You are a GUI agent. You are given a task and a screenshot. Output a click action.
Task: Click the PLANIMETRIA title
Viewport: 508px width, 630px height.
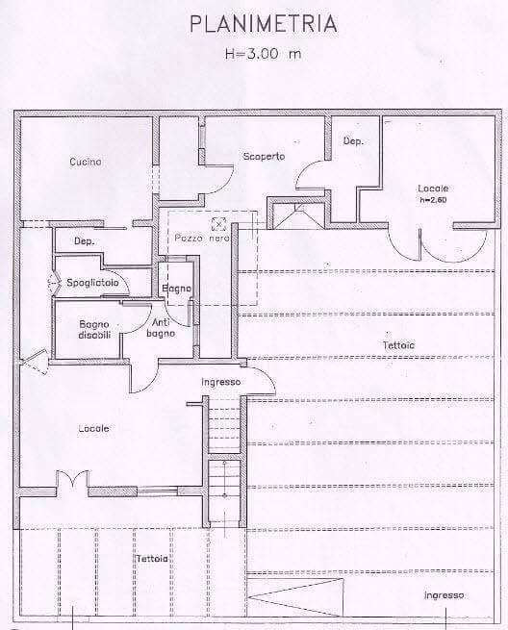(263, 24)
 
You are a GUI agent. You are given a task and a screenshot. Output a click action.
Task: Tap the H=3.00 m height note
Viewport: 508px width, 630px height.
(263, 54)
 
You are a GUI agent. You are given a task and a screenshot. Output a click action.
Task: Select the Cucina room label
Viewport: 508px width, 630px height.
(86, 162)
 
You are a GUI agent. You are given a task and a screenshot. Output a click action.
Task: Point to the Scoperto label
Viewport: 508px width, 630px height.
(264, 156)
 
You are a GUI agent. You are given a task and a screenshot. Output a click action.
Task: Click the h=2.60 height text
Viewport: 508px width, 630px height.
(433, 200)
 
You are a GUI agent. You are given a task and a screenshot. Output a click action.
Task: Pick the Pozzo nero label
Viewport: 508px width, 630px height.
(202, 239)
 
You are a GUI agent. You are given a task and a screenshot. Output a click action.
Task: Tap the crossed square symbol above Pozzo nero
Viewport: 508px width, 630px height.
(218, 224)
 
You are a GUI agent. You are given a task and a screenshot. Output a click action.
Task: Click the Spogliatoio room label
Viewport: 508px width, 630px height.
(92, 283)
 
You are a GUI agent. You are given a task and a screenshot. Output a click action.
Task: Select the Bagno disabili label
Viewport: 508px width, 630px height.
(94, 330)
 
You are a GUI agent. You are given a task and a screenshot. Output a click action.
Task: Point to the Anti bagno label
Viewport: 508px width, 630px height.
(161, 328)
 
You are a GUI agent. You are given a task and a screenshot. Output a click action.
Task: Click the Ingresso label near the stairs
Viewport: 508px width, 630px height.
(221, 382)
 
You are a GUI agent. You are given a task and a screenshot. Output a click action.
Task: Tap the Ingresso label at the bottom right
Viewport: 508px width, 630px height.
(444, 595)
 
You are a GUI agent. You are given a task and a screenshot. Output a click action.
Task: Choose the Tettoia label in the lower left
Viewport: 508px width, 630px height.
(152, 559)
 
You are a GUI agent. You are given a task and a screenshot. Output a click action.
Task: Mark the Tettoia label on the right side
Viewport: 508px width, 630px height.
(398, 345)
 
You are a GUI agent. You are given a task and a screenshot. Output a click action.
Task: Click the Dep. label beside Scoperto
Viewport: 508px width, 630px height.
(353, 141)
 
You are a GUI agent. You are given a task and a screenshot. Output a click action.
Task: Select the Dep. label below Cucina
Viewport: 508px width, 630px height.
(85, 241)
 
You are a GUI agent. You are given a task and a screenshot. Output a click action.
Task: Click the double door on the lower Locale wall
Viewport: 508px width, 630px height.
(72, 479)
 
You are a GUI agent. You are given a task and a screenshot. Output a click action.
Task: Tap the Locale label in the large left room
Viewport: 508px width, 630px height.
(93, 429)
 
